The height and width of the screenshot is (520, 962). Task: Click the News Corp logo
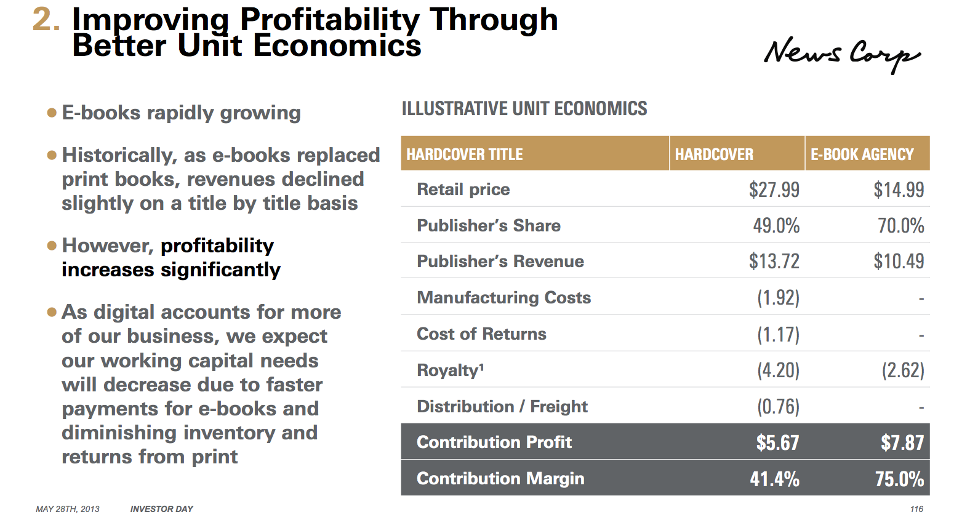tap(841, 54)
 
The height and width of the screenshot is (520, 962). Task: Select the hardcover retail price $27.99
tap(774, 190)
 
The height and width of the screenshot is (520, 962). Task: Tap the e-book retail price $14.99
tap(899, 190)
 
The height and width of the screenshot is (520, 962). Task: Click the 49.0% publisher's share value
tap(776, 226)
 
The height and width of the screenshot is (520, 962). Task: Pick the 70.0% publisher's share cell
tap(900, 226)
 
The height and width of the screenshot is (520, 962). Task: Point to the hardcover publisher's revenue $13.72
tap(774, 262)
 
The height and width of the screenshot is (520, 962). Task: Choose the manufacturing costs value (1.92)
tap(778, 298)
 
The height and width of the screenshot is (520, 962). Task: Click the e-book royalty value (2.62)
tap(902, 370)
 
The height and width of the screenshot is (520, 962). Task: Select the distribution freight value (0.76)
tap(778, 407)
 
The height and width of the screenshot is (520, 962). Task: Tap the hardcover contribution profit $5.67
tap(777, 442)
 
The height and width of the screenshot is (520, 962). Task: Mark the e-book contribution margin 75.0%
tap(899, 479)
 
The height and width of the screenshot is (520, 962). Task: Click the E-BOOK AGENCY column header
tap(862, 154)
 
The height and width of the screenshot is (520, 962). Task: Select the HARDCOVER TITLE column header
tap(465, 154)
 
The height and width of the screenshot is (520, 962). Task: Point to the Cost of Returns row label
tap(481, 334)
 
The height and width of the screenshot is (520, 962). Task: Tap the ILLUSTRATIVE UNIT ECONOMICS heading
tap(524, 109)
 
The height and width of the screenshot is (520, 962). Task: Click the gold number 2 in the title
tap(46, 20)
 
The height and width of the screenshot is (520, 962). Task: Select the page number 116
tap(916, 509)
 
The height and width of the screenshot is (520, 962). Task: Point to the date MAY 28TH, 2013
tap(68, 509)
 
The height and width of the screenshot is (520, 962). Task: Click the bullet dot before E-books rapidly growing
tap(52, 113)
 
